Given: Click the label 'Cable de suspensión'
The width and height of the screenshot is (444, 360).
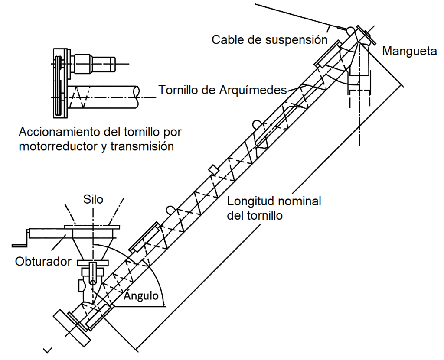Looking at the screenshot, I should pos(269,40).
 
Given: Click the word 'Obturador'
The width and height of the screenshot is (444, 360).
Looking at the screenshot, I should pos(42,262).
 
